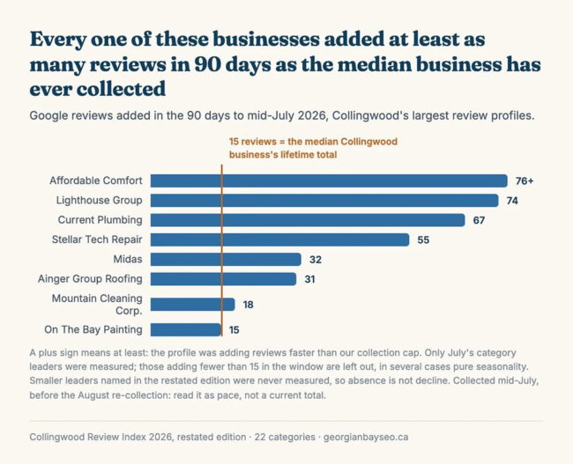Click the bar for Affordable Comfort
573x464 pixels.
pyautogui.click(x=329, y=180)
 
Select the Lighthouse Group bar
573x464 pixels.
pyautogui.click(x=324, y=201)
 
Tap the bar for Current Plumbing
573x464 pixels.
pyautogui.click(x=308, y=220)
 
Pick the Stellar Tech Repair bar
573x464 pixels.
pyautogui.click(x=280, y=239)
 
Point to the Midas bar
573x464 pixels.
pyautogui.click(x=226, y=260)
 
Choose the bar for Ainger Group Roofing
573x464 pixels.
pyautogui.click(x=223, y=279)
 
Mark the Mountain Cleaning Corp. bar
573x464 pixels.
pyautogui.click(x=192, y=305)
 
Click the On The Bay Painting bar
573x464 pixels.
pyautogui.click(x=186, y=329)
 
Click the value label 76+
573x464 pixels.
pyautogui.click(x=525, y=181)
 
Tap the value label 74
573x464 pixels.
pyautogui.click(x=512, y=201)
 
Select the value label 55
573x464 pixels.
pyautogui.click(x=423, y=240)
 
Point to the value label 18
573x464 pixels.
pyautogui.click(x=248, y=305)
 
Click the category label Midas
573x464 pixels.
pyautogui.click(x=128, y=259)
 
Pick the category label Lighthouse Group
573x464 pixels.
pyautogui.click(x=99, y=201)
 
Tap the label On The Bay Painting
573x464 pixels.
pyautogui.click(x=93, y=329)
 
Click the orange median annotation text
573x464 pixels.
pyautogui.click(x=313, y=148)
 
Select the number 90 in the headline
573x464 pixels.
pyautogui.click(x=206, y=64)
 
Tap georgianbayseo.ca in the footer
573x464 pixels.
pyautogui.click(x=366, y=438)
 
